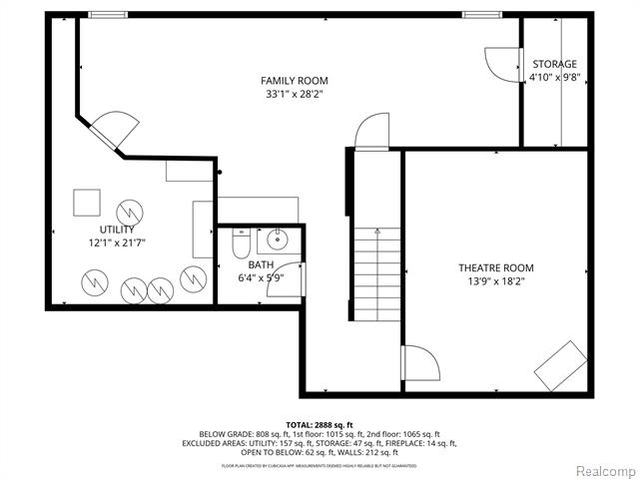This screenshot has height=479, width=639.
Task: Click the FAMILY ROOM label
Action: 294,81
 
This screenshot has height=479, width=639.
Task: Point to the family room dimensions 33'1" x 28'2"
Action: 294,94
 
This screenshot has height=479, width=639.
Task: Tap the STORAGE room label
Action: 553,64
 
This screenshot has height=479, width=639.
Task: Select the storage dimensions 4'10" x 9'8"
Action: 553,77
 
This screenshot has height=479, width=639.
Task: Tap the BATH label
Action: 261,264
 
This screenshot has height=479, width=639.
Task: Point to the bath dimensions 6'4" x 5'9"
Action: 261,277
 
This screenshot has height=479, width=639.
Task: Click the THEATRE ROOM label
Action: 495,267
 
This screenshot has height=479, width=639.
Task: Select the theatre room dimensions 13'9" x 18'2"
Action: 495,281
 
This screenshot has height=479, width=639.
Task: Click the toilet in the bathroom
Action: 240,243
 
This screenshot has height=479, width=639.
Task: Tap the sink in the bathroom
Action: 275,240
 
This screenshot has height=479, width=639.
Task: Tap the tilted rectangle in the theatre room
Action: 560,365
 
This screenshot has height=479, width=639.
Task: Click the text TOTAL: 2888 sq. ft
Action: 319,424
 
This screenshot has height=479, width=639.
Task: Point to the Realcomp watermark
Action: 600,470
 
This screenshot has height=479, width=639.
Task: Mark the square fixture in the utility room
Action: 87,202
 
